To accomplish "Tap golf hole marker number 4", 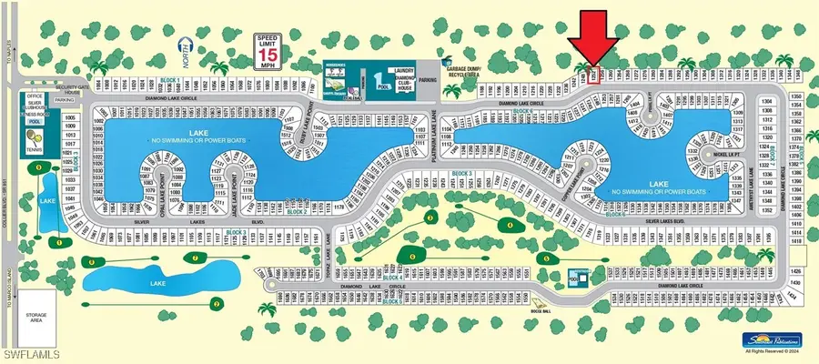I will [509, 224].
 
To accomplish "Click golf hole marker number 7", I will [194, 258].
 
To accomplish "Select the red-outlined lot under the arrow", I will [597, 76].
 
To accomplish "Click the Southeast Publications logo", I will [763, 339].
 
